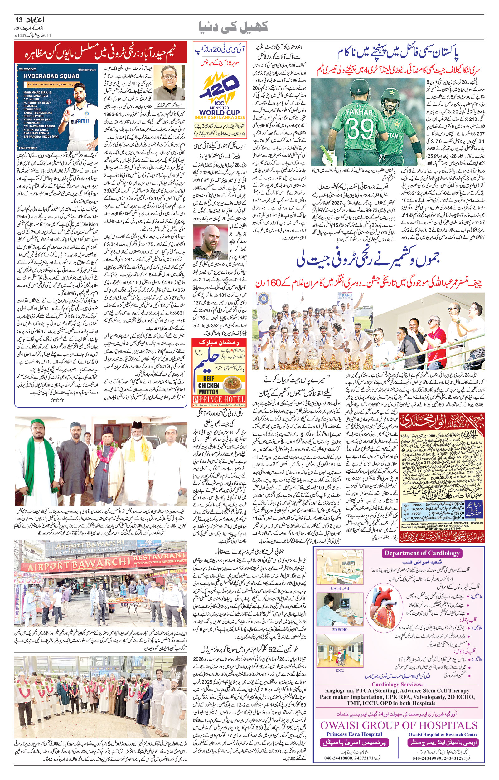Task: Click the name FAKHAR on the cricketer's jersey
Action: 359,112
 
